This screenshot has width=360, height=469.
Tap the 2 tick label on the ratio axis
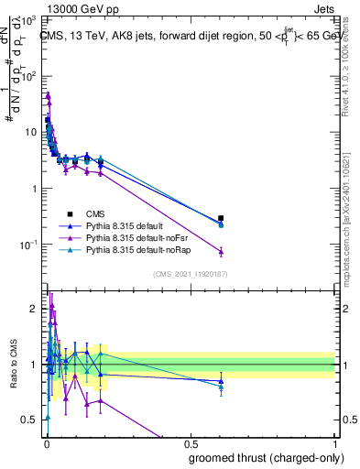34,309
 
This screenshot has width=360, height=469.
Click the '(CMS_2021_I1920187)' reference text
190,273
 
